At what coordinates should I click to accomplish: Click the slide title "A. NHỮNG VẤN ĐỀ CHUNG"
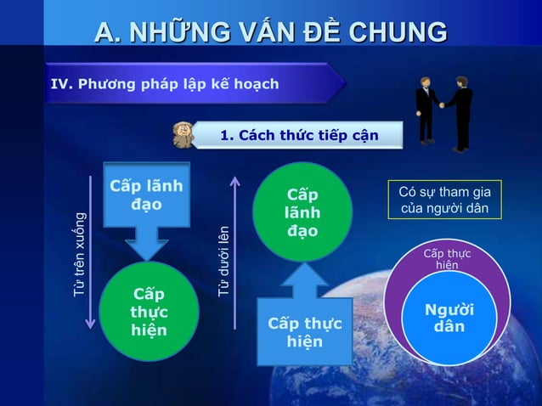click(x=270, y=32)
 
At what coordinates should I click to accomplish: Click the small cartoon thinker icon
click(x=183, y=134)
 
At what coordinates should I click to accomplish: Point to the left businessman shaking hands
click(x=425, y=109)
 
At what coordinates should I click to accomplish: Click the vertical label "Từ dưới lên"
click(x=223, y=259)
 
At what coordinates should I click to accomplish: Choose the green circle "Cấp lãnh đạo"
click(x=303, y=211)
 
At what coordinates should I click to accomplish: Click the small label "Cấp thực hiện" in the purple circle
click(x=447, y=259)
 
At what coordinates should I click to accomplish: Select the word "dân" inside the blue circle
click(x=448, y=327)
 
